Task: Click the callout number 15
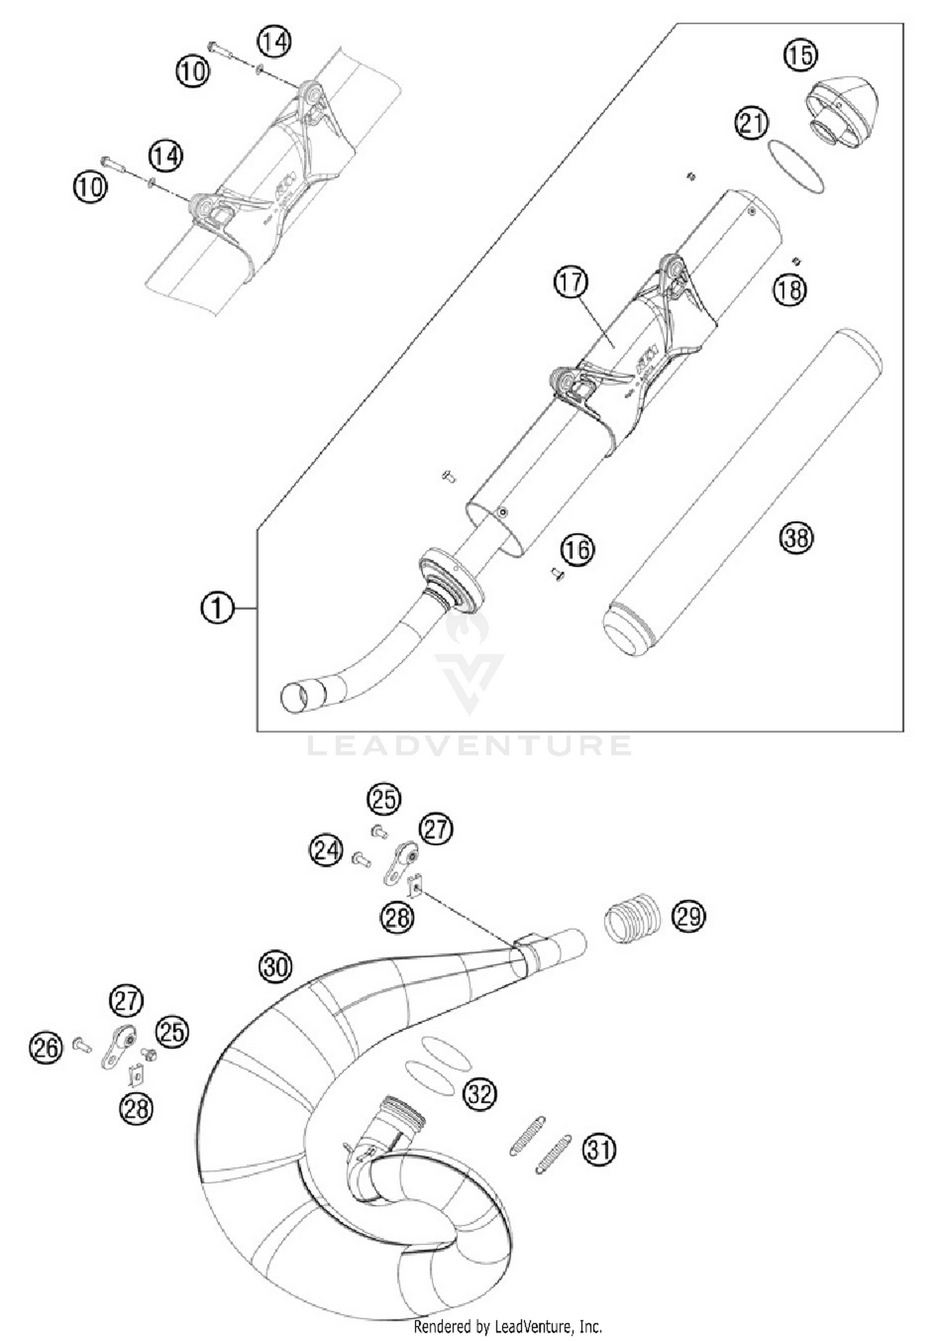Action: pos(800,55)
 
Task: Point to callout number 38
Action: pos(796,538)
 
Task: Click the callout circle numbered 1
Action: pos(217,608)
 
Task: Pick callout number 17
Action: pos(570,283)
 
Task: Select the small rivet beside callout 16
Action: pos(555,572)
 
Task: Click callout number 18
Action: pos(789,290)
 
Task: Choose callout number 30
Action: pos(276,967)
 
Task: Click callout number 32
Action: pos(479,1094)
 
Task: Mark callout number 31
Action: pos(600,1149)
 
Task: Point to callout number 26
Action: pos(46,1048)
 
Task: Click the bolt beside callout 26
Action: pos(81,1044)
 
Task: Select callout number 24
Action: pos(326,851)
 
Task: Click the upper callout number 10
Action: pos(192,71)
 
